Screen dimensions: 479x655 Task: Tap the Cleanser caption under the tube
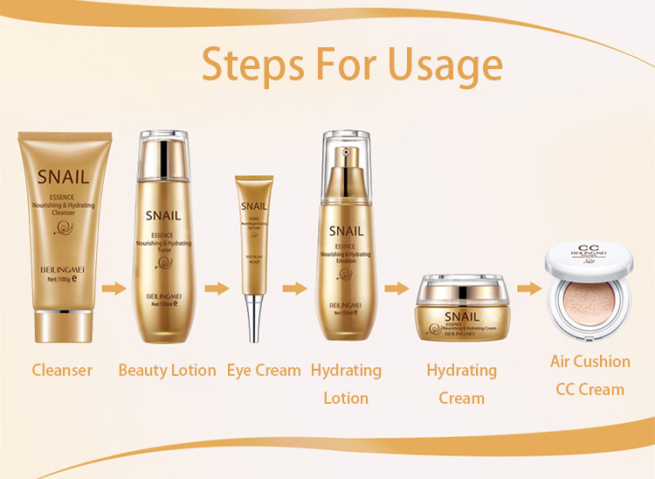(x=62, y=370)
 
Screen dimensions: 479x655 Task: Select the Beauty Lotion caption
(x=167, y=370)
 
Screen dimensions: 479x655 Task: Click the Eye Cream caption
(x=264, y=370)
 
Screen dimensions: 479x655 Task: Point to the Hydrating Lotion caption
(x=346, y=384)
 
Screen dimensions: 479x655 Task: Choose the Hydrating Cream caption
(x=461, y=384)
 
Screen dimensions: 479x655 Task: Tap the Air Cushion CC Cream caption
(x=590, y=375)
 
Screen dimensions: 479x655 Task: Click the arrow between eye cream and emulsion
(x=295, y=288)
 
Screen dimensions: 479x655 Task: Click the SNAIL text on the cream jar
(x=461, y=316)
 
